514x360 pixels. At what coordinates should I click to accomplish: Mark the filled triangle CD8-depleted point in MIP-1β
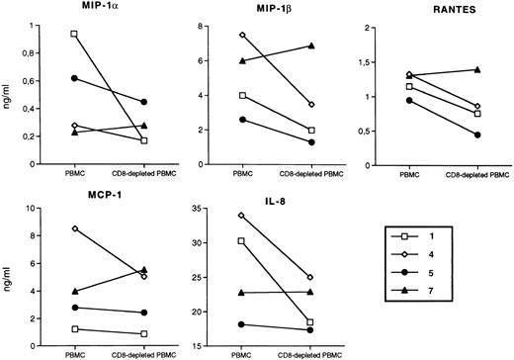311,45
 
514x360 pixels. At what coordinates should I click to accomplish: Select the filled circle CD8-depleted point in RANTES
479,135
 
